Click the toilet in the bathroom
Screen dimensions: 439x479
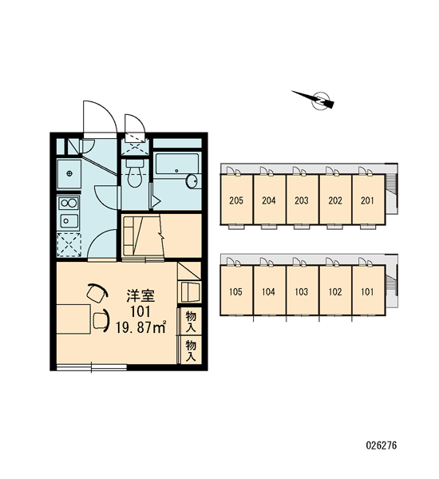point(135,173)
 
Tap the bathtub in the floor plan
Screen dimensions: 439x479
point(177,164)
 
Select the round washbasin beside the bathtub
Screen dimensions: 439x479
point(192,181)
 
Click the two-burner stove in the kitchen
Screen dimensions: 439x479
point(69,203)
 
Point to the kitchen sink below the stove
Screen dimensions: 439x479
point(69,220)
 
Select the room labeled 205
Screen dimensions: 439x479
point(236,200)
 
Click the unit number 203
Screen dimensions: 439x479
point(302,200)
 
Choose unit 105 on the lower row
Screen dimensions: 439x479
point(236,291)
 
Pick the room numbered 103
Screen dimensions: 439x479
point(303,291)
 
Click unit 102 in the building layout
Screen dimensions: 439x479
point(335,291)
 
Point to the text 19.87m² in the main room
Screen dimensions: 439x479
point(140,327)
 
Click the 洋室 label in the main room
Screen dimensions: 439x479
point(140,295)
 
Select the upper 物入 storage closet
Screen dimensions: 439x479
point(191,322)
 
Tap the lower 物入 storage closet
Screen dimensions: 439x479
point(191,350)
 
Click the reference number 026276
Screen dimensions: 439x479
point(382,445)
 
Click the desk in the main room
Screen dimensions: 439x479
point(73,319)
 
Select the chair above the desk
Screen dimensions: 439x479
point(97,293)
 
